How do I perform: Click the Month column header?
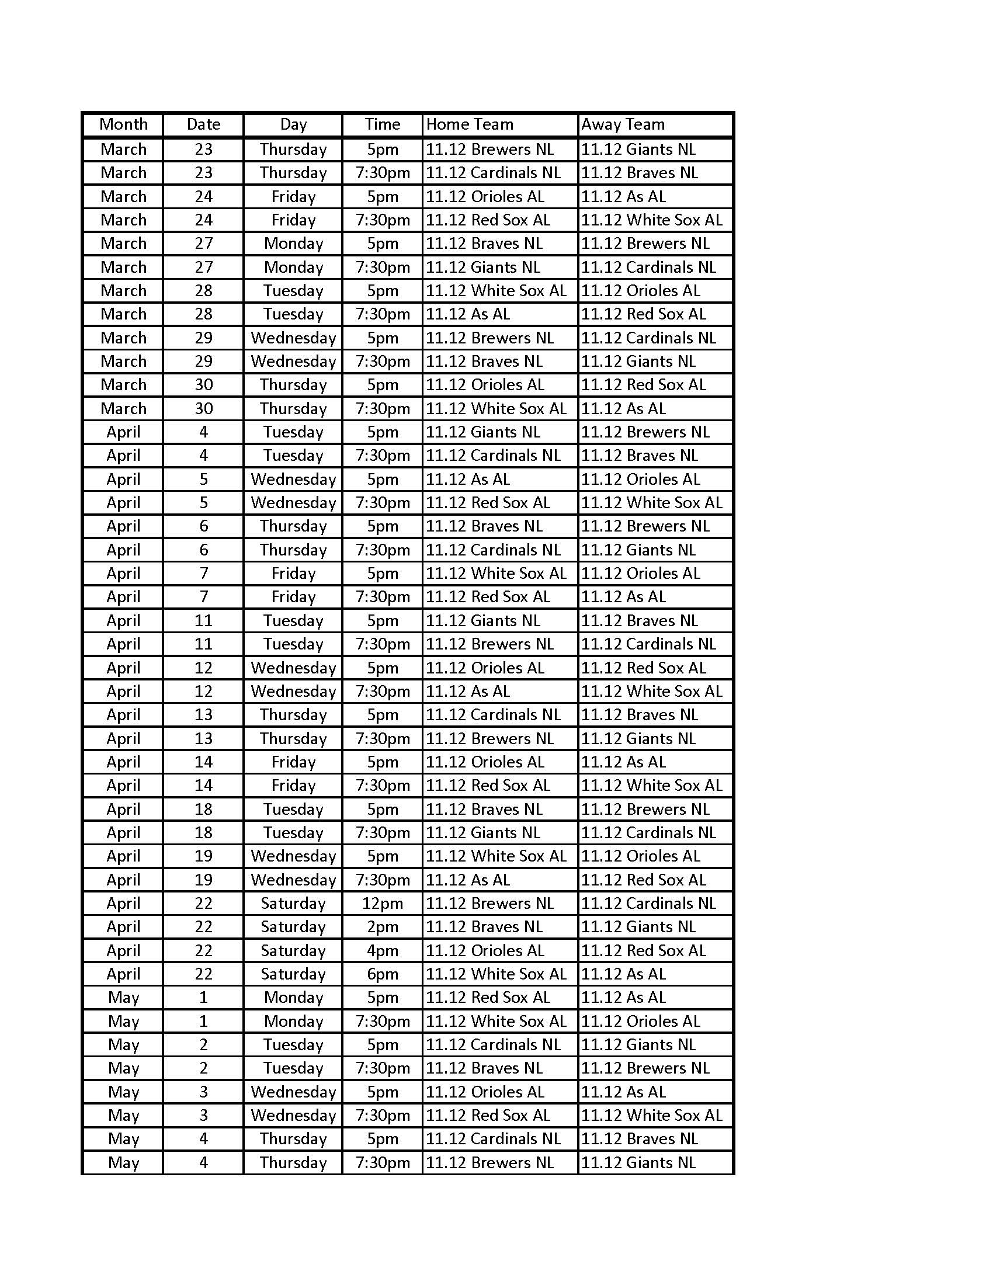coord(123,124)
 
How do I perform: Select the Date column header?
coord(203,124)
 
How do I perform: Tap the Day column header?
coord(293,124)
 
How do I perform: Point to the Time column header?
coord(383,124)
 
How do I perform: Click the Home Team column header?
coord(470,124)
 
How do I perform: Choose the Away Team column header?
coord(623,124)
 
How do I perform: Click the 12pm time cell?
coord(383,903)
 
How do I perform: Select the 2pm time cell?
coord(383,927)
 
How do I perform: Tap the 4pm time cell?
coord(383,950)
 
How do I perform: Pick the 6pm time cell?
coord(383,974)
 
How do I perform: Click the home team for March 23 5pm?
coord(490,150)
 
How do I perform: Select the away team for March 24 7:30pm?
coord(652,220)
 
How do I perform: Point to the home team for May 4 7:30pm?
coord(490,1162)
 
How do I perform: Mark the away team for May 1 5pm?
coord(624,997)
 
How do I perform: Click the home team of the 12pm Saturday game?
coord(490,903)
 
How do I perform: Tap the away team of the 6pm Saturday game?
coord(624,974)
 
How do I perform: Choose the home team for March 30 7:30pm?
coord(496,408)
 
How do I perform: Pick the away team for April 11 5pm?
coord(640,621)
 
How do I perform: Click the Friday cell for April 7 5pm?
coord(293,573)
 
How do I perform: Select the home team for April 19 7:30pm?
coord(468,880)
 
